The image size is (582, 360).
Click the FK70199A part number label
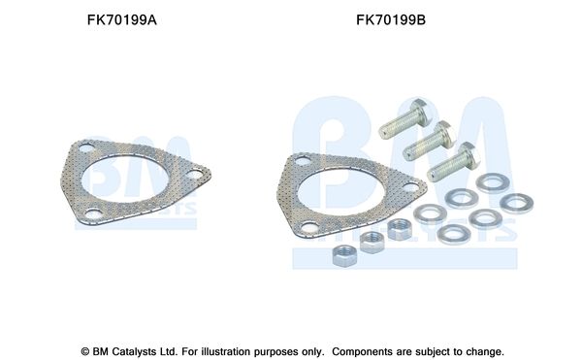(x=122, y=20)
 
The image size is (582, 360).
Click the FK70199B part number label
(x=391, y=20)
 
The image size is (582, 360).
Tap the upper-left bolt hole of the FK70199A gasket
(x=85, y=148)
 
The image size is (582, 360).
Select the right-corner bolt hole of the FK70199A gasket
(x=194, y=174)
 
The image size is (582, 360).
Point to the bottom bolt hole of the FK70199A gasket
(x=93, y=213)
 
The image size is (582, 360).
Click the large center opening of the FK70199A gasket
(x=125, y=179)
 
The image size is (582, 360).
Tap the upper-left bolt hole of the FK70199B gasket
(x=303, y=161)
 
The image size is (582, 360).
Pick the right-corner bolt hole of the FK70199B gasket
(x=410, y=187)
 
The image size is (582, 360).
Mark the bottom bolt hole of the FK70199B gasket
(x=310, y=226)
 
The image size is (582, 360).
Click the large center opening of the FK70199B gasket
(x=341, y=192)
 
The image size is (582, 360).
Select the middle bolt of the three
(x=429, y=140)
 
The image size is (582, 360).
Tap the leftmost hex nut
(x=344, y=255)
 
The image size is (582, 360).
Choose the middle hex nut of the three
(x=372, y=243)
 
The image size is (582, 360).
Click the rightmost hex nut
(x=400, y=229)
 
